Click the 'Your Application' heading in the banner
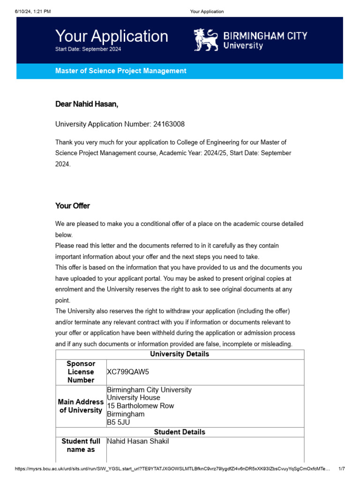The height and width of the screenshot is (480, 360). pos(112,36)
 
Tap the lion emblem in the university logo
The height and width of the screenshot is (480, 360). pos(206,40)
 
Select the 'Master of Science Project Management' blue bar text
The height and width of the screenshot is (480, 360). pos(120,71)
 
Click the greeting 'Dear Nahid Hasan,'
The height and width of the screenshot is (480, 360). pos(87,104)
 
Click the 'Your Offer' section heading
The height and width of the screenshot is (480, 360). pos(72,206)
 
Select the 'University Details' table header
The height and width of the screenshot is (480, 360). pos(180,354)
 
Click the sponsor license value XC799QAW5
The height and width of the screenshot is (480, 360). pos(127,372)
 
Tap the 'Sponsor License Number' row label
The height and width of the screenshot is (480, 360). pos(81,372)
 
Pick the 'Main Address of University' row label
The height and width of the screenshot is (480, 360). pos(81,406)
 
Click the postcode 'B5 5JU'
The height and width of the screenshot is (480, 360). pos(118,422)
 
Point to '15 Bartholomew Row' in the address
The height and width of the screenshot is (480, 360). pos(140,406)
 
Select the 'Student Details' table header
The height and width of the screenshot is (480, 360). pos(180,432)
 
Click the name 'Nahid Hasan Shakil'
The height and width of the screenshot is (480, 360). pos(138,442)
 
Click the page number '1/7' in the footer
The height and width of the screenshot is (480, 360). pos(342,469)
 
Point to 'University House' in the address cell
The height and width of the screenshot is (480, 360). pos(133,398)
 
